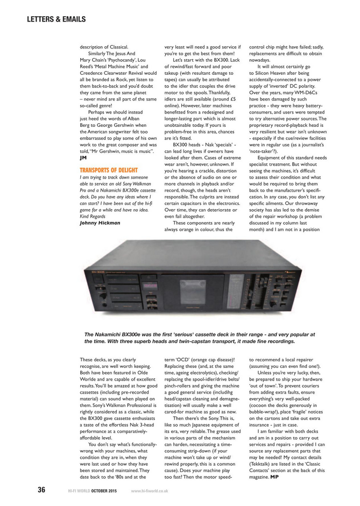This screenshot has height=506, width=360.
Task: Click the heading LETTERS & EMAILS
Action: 56,19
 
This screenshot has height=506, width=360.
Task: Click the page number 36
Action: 41,490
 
